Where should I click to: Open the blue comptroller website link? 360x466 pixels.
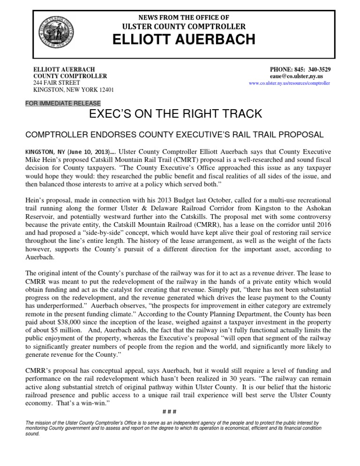(x=289, y=83)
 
